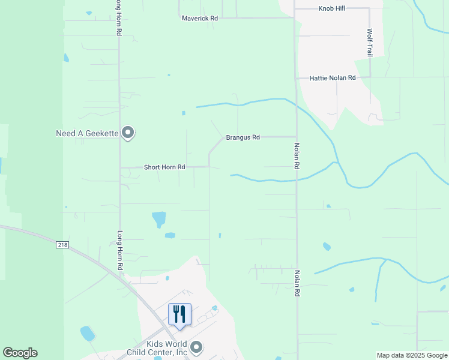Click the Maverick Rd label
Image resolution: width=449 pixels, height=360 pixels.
[x=200, y=19]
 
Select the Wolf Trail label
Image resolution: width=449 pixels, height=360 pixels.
[x=370, y=43]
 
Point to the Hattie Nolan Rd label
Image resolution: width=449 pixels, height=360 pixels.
[x=333, y=78]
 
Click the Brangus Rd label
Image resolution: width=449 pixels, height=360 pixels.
[x=243, y=137]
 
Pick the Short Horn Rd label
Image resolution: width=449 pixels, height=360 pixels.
[x=164, y=167]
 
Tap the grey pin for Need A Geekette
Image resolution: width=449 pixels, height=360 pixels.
[x=128, y=132]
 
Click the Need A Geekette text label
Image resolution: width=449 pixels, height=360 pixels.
[x=86, y=133]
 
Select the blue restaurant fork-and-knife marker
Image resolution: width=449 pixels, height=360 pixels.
[x=179, y=315]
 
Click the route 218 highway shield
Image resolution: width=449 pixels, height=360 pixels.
[x=64, y=245]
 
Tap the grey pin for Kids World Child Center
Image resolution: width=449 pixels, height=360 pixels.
[x=196, y=347]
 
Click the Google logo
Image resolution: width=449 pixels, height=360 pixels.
[x=20, y=353]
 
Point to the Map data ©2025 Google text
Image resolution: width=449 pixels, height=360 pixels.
[x=411, y=355]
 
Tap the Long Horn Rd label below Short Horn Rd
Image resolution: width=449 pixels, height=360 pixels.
[x=120, y=250]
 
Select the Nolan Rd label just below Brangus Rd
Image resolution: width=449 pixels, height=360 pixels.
[x=297, y=155]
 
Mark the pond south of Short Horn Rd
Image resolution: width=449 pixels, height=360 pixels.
[x=159, y=219]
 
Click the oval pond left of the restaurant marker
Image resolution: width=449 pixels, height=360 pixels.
[x=88, y=333]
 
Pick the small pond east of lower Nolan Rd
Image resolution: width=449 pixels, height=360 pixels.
[x=327, y=246]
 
